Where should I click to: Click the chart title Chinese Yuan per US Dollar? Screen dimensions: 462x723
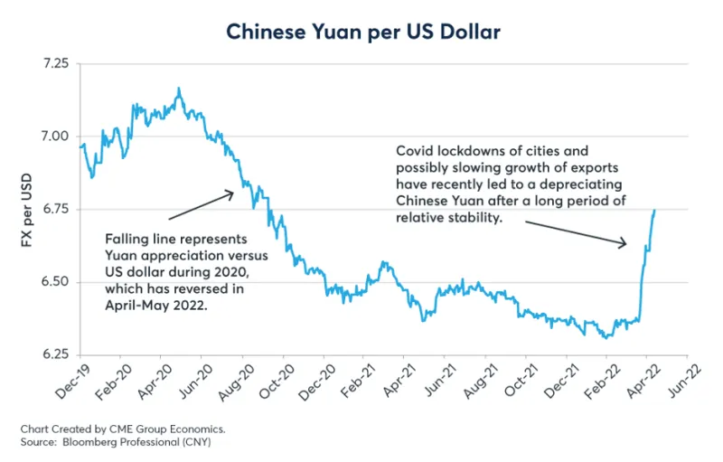click(362, 31)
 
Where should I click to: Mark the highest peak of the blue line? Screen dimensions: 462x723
click(179, 88)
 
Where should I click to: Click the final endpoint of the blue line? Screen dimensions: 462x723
click(654, 210)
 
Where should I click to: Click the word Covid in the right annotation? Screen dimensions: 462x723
click(415, 150)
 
